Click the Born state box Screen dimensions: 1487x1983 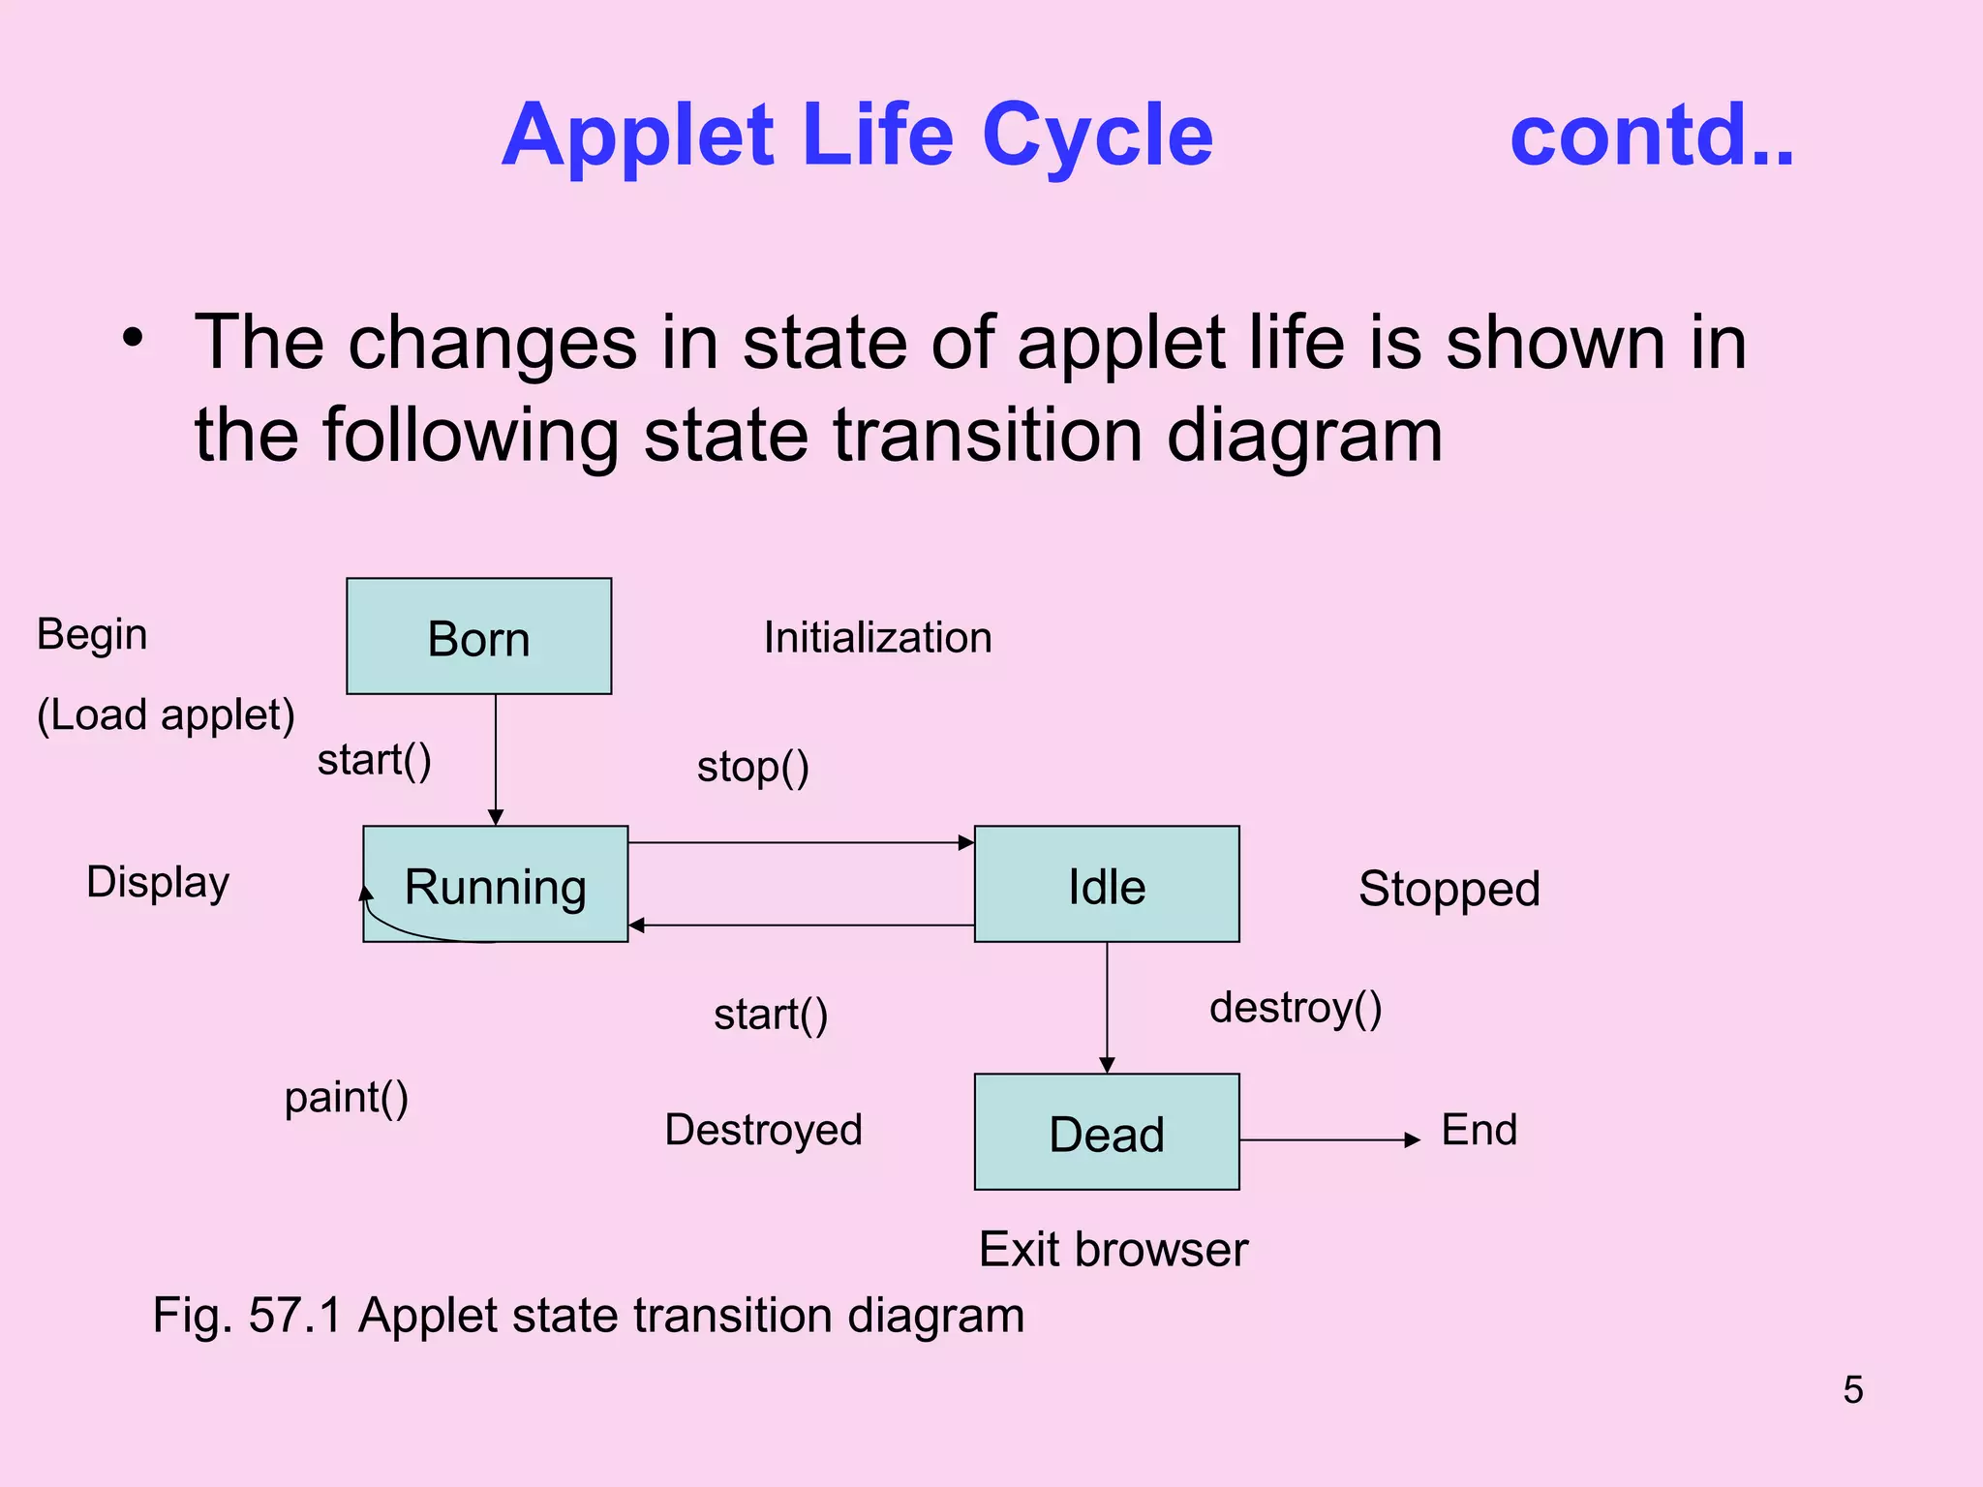(x=478, y=636)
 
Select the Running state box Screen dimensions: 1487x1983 (x=495, y=884)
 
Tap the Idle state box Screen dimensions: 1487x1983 (x=1107, y=884)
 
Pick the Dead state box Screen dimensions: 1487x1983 (x=1107, y=1132)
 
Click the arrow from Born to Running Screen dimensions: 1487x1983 (x=496, y=760)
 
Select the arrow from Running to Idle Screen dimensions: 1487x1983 (x=801, y=842)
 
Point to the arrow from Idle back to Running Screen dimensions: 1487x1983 (x=801, y=926)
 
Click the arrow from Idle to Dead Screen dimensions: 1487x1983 (x=1108, y=1007)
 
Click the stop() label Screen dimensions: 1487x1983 (x=752, y=767)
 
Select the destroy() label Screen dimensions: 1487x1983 (x=1296, y=1008)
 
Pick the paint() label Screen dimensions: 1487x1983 (x=346, y=1098)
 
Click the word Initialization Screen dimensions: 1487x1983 (x=877, y=638)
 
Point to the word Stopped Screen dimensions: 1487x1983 (x=1449, y=889)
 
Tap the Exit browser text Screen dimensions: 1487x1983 (x=1113, y=1249)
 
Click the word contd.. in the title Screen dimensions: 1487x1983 (x=1652, y=136)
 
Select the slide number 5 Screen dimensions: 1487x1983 (x=1852, y=1389)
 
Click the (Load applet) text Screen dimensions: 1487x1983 (x=166, y=715)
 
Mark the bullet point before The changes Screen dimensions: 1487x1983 (x=133, y=339)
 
